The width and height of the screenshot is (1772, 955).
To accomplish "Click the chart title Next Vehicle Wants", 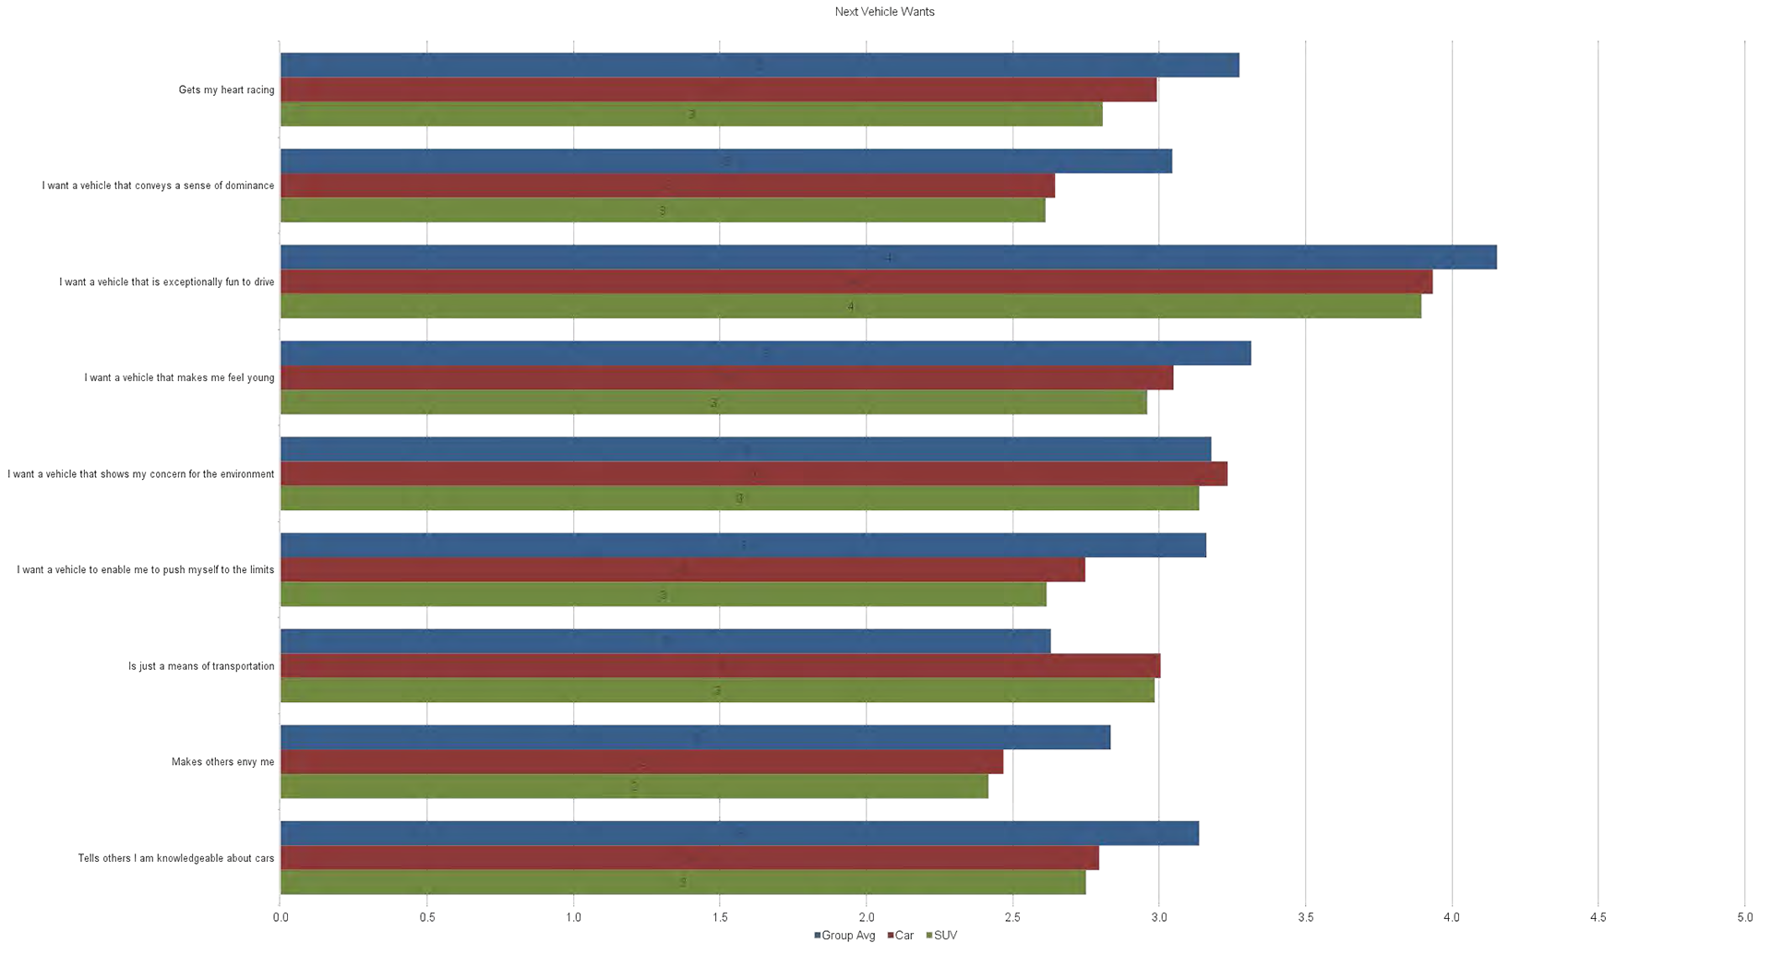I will point(884,12).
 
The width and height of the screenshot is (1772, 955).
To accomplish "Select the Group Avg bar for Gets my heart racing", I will point(759,66).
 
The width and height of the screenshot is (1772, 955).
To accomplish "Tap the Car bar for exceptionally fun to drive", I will point(856,281).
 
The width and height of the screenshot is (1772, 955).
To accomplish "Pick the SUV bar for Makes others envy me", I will point(633,787).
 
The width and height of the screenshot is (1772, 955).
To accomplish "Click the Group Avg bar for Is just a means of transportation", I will point(664,641).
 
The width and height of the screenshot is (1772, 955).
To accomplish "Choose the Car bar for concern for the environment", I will point(753,473).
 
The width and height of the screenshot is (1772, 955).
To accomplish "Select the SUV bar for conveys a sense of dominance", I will point(662,210).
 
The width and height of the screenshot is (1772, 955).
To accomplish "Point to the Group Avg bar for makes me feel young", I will point(765,353).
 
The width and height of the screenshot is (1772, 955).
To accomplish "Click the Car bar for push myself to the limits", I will point(682,569).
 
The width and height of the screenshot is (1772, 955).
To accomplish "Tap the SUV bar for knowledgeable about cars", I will point(682,882).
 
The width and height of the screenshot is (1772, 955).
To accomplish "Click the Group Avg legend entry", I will point(844,936).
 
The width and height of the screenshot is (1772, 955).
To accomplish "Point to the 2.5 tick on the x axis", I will point(1012,917).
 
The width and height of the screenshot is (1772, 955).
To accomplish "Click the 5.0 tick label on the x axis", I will point(1744,917).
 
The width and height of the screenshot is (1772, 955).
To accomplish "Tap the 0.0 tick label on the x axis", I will point(281,917).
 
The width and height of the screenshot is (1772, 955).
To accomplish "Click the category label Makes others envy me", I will point(222,762).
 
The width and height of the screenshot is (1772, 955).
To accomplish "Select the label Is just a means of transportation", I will point(201,666).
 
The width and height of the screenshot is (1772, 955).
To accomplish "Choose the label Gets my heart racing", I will point(226,90).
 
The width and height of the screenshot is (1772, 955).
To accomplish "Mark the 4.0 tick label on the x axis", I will point(1452,917).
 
